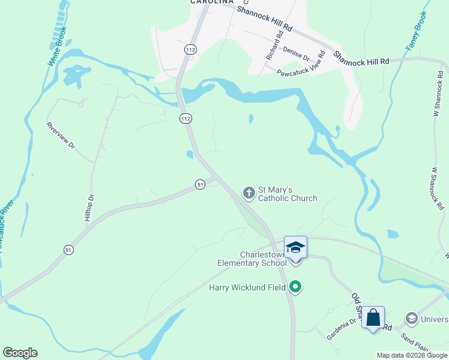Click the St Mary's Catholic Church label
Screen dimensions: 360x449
pyautogui.click(x=288, y=193)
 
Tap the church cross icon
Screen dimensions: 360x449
pyautogui.click(x=249, y=193)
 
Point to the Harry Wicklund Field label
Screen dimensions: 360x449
pyautogui.click(x=247, y=287)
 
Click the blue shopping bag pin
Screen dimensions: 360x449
pyautogui.click(x=373, y=319)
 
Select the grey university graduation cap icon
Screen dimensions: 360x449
pyautogui.click(x=411, y=317)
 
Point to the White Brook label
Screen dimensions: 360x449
pyautogui.click(x=58, y=47)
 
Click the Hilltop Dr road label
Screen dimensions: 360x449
pyautogui.click(x=89, y=208)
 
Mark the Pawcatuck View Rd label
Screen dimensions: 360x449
pyautogui.click(x=301, y=64)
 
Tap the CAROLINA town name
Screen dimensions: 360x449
pyautogui.click(x=211, y=2)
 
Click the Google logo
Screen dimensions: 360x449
pyautogui.click(x=20, y=353)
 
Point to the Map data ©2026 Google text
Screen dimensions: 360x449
pyautogui.click(x=411, y=355)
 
